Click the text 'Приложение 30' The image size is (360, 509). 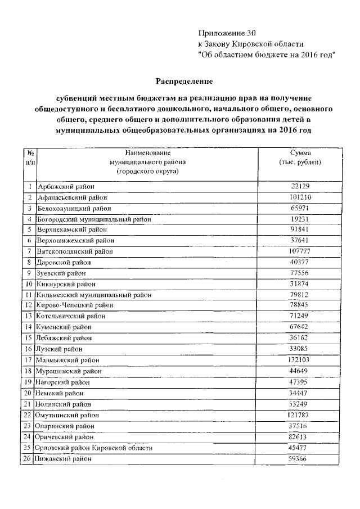[227, 33]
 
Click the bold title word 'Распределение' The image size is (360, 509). [179, 81]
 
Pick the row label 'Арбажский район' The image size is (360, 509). [65, 186]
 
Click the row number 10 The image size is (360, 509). [29, 284]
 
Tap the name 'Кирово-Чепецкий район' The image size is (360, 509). [75, 305]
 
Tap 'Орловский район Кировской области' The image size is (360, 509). [94, 448]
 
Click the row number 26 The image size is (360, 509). [29, 459]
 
